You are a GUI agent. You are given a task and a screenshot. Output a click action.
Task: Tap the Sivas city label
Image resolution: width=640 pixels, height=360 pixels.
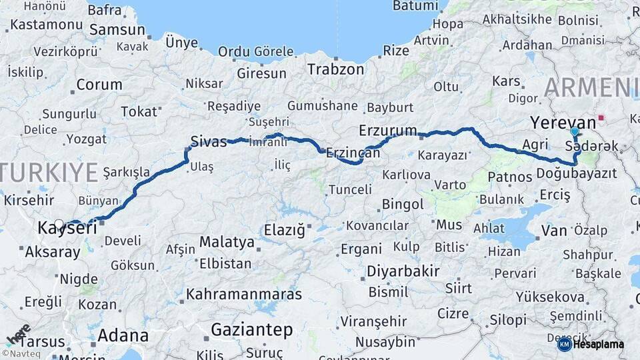(x=209, y=141)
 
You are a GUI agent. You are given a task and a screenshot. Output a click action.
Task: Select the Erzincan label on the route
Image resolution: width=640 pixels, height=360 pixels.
(x=353, y=153)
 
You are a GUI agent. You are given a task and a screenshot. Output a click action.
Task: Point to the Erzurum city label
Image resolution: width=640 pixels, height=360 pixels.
(x=387, y=129)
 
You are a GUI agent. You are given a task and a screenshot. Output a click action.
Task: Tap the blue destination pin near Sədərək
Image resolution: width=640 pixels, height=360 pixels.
(x=575, y=133)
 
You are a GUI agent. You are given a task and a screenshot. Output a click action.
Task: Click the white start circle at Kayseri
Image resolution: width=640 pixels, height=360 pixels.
(x=59, y=225)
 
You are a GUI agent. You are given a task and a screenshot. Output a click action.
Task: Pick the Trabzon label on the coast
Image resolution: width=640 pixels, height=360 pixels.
(x=335, y=69)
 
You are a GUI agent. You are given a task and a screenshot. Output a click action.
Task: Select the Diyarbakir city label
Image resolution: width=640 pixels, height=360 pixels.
(x=403, y=271)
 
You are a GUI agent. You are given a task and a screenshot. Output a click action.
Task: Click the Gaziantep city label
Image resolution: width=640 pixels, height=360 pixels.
(x=251, y=329)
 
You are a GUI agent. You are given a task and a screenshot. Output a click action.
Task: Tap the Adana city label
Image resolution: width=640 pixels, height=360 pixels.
(x=123, y=335)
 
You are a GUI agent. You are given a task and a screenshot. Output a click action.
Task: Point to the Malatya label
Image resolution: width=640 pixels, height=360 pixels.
(x=227, y=241)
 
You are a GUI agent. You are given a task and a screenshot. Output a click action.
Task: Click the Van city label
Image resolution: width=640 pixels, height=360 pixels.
(x=555, y=231)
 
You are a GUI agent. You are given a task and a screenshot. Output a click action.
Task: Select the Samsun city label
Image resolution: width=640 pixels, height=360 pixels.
(x=117, y=30)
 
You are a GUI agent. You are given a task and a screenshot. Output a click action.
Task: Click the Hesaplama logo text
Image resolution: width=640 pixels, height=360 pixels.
(x=598, y=344)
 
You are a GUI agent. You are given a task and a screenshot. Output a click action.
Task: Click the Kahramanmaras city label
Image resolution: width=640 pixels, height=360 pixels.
(x=244, y=294)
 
